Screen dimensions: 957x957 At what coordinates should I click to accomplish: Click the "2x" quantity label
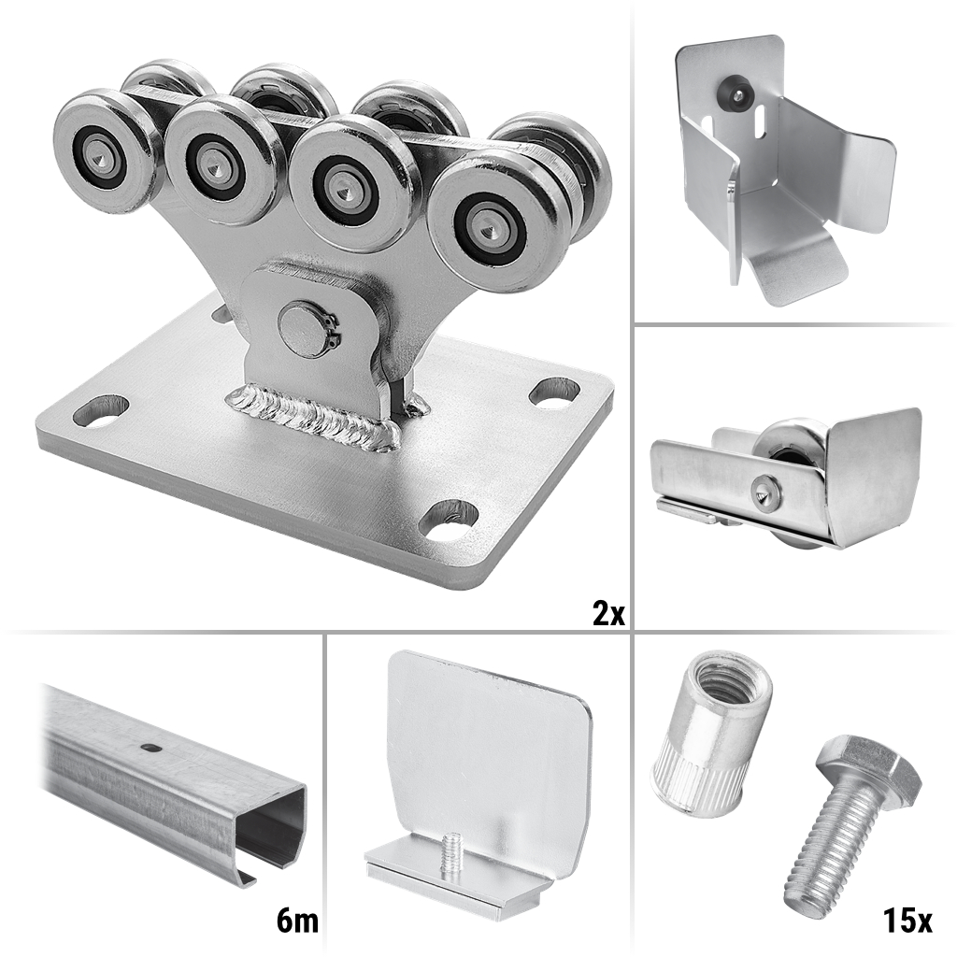point(608,612)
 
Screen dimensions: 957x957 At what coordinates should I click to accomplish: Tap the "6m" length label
point(297,921)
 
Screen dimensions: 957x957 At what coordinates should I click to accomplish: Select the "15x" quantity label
point(907,921)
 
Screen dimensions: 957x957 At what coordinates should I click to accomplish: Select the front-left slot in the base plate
point(101,411)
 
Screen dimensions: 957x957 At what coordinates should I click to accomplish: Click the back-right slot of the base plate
point(553,392)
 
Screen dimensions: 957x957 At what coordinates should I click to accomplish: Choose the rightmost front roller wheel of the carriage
point(492,223)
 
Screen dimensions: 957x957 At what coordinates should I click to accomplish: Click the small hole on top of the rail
point(149,746)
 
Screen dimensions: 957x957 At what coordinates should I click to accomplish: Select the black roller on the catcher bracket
point(735,90)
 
